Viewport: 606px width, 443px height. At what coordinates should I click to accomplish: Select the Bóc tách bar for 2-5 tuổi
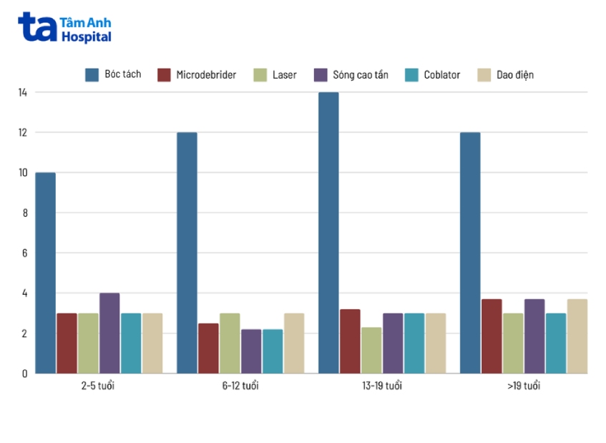pyautogui.click(x=45, y=273)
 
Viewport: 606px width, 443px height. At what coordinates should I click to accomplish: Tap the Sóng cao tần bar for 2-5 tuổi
pyautogui.click(x=109, y=333)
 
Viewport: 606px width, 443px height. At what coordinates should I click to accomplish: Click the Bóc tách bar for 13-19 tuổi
pyautogui.click(x=328, y=233)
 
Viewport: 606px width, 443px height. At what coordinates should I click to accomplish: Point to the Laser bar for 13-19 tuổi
pyautogui.click(x=371, y=350)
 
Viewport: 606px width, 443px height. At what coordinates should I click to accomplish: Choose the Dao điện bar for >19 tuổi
pyautogui.click(x=577, y=336)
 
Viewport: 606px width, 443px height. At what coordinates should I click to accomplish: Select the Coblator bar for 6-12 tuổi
pyautogui.click(x=273, y=351)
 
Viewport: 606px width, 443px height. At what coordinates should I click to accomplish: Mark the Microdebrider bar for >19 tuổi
pyautogui.click(x=492, y=336)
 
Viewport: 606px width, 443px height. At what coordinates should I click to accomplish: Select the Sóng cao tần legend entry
pyautogui.click(x=351, y=74)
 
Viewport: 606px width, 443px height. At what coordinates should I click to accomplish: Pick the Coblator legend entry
pyautogui.click(x=432, y=74)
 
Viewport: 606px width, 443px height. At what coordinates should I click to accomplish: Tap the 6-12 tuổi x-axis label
pyautogui.click(x=240, y=386)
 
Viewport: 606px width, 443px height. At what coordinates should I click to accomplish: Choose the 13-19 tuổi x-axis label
pyautogui.click(x=382, y=386)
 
